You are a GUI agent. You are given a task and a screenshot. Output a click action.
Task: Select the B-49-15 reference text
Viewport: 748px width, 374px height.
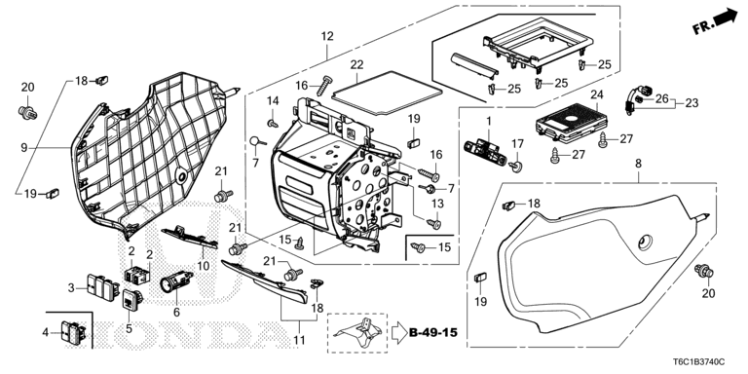point(433,332)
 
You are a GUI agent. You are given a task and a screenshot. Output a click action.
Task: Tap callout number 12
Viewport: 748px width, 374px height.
point(327,36)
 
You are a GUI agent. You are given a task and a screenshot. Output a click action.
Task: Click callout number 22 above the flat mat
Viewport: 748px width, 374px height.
point(356,65)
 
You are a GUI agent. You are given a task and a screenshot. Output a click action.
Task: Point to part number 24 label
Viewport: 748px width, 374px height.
point(597,94)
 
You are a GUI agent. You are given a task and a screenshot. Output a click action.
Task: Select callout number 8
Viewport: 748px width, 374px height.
point(638,164)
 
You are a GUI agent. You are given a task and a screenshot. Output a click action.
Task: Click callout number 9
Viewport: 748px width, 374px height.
point(24,148)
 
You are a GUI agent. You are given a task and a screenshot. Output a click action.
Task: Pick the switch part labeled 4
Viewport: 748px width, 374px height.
point(73,331)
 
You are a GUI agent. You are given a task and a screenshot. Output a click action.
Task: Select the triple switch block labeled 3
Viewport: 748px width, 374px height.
point(101,286)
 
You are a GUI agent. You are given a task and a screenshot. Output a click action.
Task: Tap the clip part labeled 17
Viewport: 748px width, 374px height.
point(515,167)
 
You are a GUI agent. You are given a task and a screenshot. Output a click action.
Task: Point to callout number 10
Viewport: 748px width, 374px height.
point(204,266)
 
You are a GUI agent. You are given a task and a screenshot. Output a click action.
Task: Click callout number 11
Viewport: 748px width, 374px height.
point(300,341)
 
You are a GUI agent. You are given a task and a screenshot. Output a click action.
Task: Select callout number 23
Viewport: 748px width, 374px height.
point(692,102)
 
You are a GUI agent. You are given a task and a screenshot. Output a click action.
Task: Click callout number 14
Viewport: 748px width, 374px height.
point(273,100)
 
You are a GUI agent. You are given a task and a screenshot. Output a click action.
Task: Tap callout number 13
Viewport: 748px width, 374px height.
point(437,204)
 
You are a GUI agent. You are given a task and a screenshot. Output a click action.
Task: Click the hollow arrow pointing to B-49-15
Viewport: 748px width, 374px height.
point(398,332)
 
